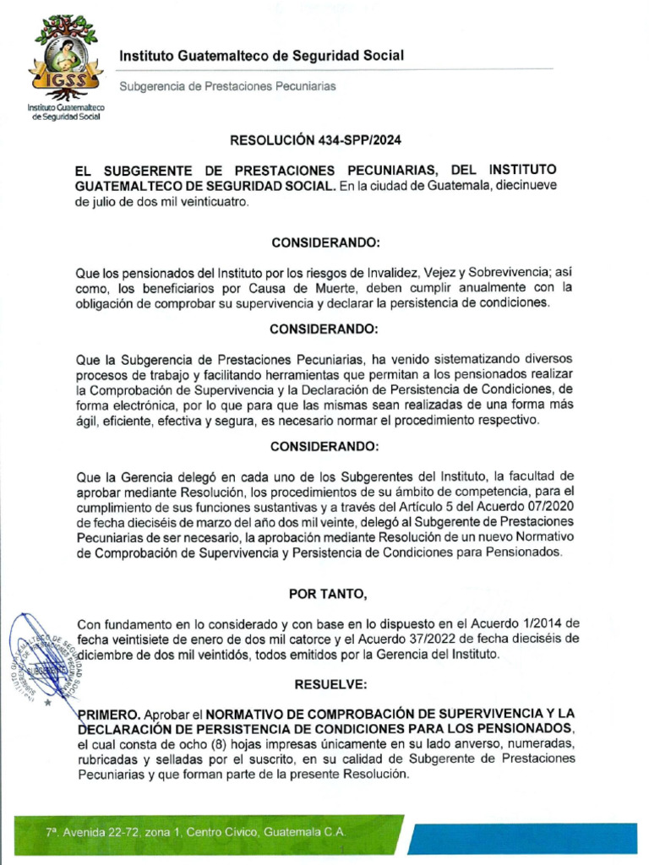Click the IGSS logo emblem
66,57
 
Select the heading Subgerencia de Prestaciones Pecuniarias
227,86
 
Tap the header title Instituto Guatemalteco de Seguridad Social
261,56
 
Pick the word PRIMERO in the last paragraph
106,713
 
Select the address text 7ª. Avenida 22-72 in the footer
94,832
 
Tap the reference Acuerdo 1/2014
534,623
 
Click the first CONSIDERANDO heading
326,242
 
